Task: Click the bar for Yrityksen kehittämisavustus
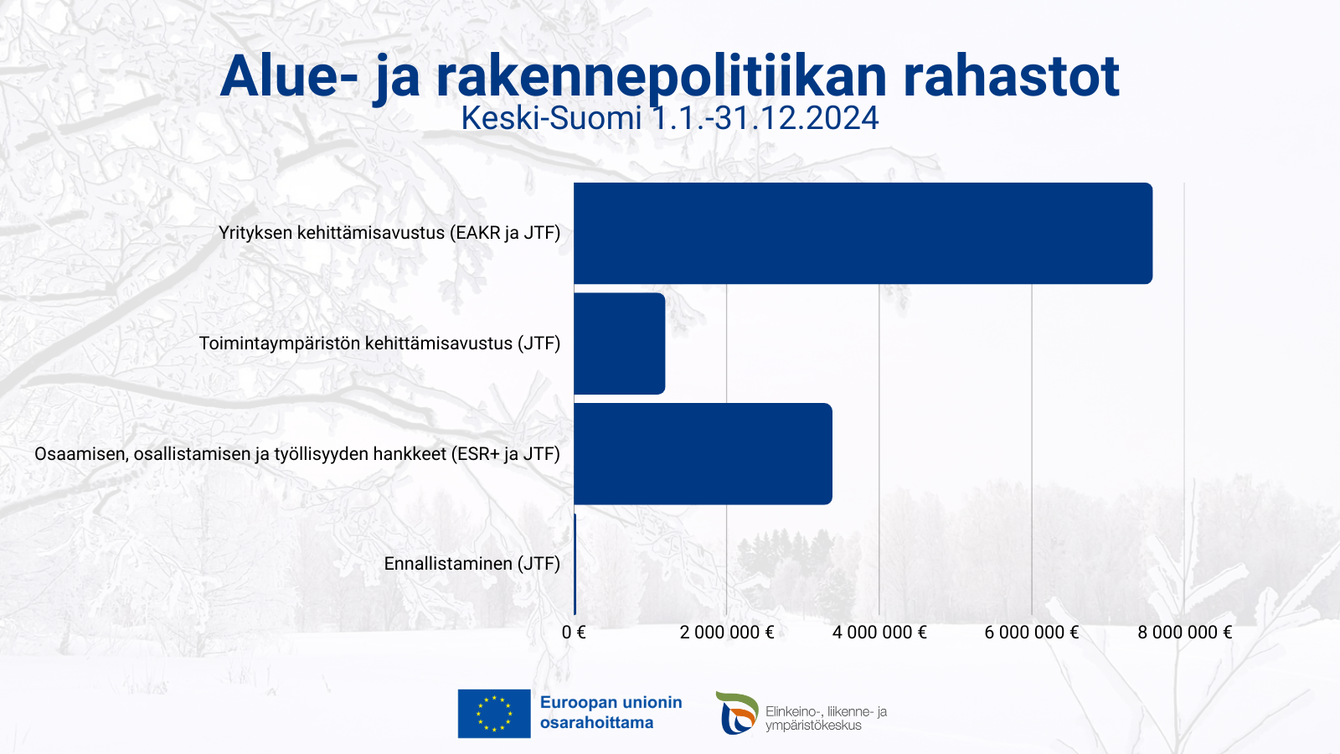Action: coord(863,234)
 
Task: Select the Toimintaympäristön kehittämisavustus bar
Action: coord(620,343)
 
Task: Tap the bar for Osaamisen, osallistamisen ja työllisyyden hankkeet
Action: coord(703,453)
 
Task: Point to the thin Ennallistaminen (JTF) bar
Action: coord(575,564)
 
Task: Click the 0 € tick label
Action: coord(574,633)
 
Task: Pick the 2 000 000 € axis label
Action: coord(727,633)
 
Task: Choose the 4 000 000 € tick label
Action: coord(879,633)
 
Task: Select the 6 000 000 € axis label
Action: coord(1032,633)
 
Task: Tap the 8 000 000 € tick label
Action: coord(1185,633)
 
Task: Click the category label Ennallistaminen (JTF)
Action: coord(472,564)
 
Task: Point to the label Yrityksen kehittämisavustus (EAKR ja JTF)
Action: coord(389,233)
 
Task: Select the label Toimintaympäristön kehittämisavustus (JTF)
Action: coord(380,343)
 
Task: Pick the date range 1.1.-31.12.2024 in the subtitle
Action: coord(765,118)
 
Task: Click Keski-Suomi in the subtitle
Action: coord(551,118)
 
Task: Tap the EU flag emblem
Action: coord(494,713)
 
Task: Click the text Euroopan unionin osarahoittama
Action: coord(611,712)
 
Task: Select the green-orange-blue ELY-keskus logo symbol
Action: coord(737,713)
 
